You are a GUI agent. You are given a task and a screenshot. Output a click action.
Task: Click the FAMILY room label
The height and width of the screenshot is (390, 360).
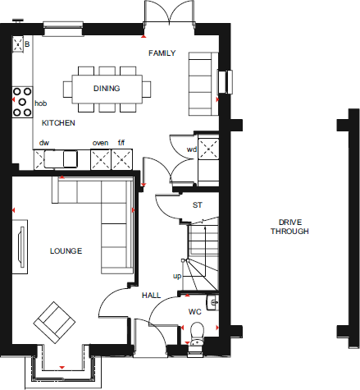[162, 53]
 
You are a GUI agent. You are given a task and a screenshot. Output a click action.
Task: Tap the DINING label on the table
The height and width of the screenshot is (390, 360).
[107, 89]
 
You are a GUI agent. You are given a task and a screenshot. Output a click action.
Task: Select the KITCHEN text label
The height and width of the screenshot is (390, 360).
[58, 122]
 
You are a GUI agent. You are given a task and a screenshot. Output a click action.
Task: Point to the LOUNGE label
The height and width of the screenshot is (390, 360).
[66, 250]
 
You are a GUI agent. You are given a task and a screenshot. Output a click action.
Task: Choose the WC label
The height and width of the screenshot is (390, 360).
[194, 312]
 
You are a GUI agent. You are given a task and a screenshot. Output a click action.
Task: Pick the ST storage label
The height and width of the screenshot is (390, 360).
[197, 205]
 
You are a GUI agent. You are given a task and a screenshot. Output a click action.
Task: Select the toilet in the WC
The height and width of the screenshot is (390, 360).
[197, 332]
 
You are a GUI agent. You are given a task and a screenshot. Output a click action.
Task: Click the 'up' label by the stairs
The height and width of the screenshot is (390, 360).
[176, 276]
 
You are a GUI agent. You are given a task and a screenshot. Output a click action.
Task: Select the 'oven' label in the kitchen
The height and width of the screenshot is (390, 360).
[99, 143]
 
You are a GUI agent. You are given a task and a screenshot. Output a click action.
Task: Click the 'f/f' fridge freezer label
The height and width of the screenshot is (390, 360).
[121, 143]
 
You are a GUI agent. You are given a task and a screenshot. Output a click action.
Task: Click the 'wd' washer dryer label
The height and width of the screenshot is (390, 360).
[191, 149]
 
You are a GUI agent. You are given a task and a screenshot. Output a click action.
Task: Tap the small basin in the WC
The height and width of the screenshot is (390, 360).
[214, 303]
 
